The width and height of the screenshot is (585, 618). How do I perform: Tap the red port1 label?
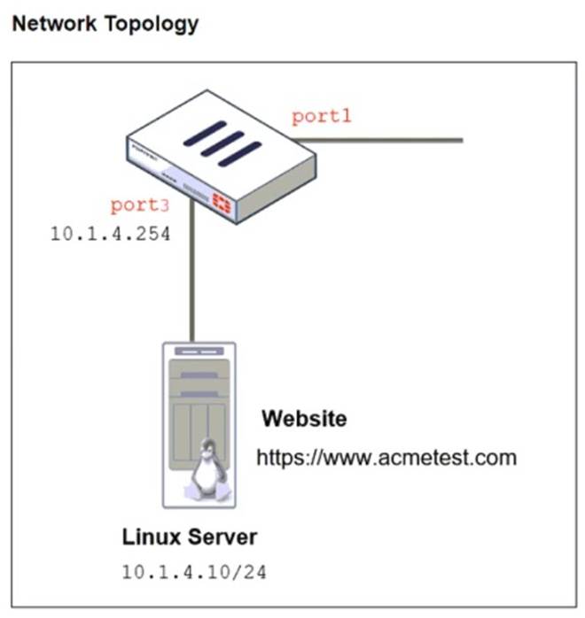tap(323, 117)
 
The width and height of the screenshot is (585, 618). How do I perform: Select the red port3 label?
tap(139, 205)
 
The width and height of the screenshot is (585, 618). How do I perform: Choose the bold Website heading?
tap(304, 418)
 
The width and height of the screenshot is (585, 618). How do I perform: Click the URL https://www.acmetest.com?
tap(386, 458)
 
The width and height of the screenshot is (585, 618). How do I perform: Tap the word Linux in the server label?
tap(153, 537)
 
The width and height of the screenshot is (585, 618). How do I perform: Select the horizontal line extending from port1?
tap(390, 140)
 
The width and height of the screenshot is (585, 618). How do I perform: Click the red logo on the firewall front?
tap(220, 205)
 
